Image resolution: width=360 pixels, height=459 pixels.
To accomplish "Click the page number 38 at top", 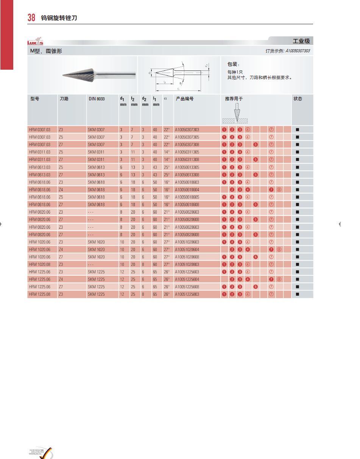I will pos(31,17).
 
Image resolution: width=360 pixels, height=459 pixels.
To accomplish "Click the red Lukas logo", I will pos(35,42).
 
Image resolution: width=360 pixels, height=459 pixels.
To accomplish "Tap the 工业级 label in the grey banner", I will pos(301,41).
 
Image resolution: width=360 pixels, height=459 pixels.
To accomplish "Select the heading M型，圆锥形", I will pos(46,51).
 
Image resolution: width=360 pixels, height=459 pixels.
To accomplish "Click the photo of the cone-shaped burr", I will pos(98,75).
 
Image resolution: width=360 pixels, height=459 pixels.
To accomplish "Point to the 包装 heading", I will pos(233,64).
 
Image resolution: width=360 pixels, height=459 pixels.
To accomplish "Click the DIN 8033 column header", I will pos(97,99).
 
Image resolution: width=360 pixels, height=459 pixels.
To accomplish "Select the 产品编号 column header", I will pos(184,99).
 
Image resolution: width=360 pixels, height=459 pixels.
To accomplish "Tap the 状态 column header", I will pos(298,99).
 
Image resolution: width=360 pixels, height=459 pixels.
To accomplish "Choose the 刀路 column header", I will pos(64,99).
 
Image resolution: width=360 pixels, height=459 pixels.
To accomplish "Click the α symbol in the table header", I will pos(165,99).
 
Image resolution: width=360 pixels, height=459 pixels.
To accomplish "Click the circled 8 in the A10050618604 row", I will pos(279,189).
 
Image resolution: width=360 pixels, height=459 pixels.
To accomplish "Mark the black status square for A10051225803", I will pos(297,294).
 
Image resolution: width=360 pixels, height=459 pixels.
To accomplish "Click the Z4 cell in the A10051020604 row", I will pos(61,249).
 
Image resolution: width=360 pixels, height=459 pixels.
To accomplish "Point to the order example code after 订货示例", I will pos(298,51).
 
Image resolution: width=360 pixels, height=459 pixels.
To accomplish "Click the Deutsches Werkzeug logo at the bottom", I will pos(41,452).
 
